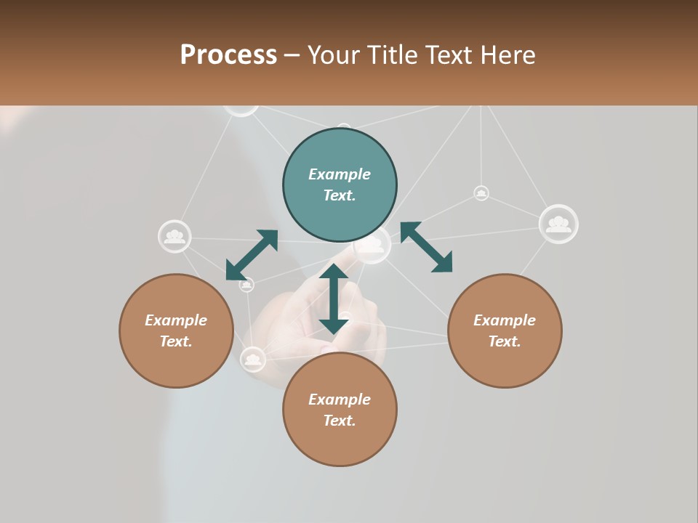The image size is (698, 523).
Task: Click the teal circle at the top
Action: point(340,185)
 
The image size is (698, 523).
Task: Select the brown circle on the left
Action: point(176,331)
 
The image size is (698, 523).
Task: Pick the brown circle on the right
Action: point(505,331)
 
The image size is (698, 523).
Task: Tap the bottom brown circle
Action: point(340,409)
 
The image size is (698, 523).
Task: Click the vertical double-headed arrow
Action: point(334,299)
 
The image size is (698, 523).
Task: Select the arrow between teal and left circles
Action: point(252,255)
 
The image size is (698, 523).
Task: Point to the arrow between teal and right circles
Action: point(427,247)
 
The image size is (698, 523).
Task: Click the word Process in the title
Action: point(228,54)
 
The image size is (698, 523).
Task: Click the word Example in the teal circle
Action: point(340,174)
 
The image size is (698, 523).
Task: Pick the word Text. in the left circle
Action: point(176,341)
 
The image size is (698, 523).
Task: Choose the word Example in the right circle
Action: point(505,320)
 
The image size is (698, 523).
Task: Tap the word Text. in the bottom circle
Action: point(340,421)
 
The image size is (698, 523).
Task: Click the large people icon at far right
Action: point(558,224)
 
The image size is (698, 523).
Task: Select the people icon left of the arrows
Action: point(174,236)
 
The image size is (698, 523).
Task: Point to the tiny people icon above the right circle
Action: point(481,193)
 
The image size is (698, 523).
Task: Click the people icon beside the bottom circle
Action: point(252,359)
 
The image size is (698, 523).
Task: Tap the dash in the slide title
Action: point(292,55)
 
